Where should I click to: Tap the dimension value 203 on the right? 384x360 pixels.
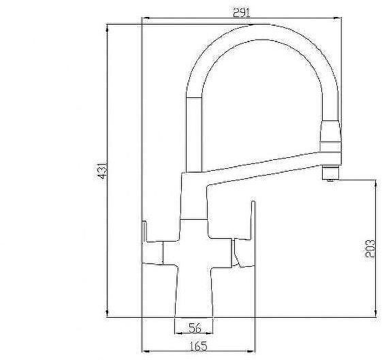click(x=370, y=248)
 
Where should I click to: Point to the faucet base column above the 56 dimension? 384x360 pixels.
click(x=194, y=293)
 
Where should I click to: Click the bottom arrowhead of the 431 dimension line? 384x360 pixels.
click(x=108, y=314)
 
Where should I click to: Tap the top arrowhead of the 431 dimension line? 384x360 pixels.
click(x=108, y=27)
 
